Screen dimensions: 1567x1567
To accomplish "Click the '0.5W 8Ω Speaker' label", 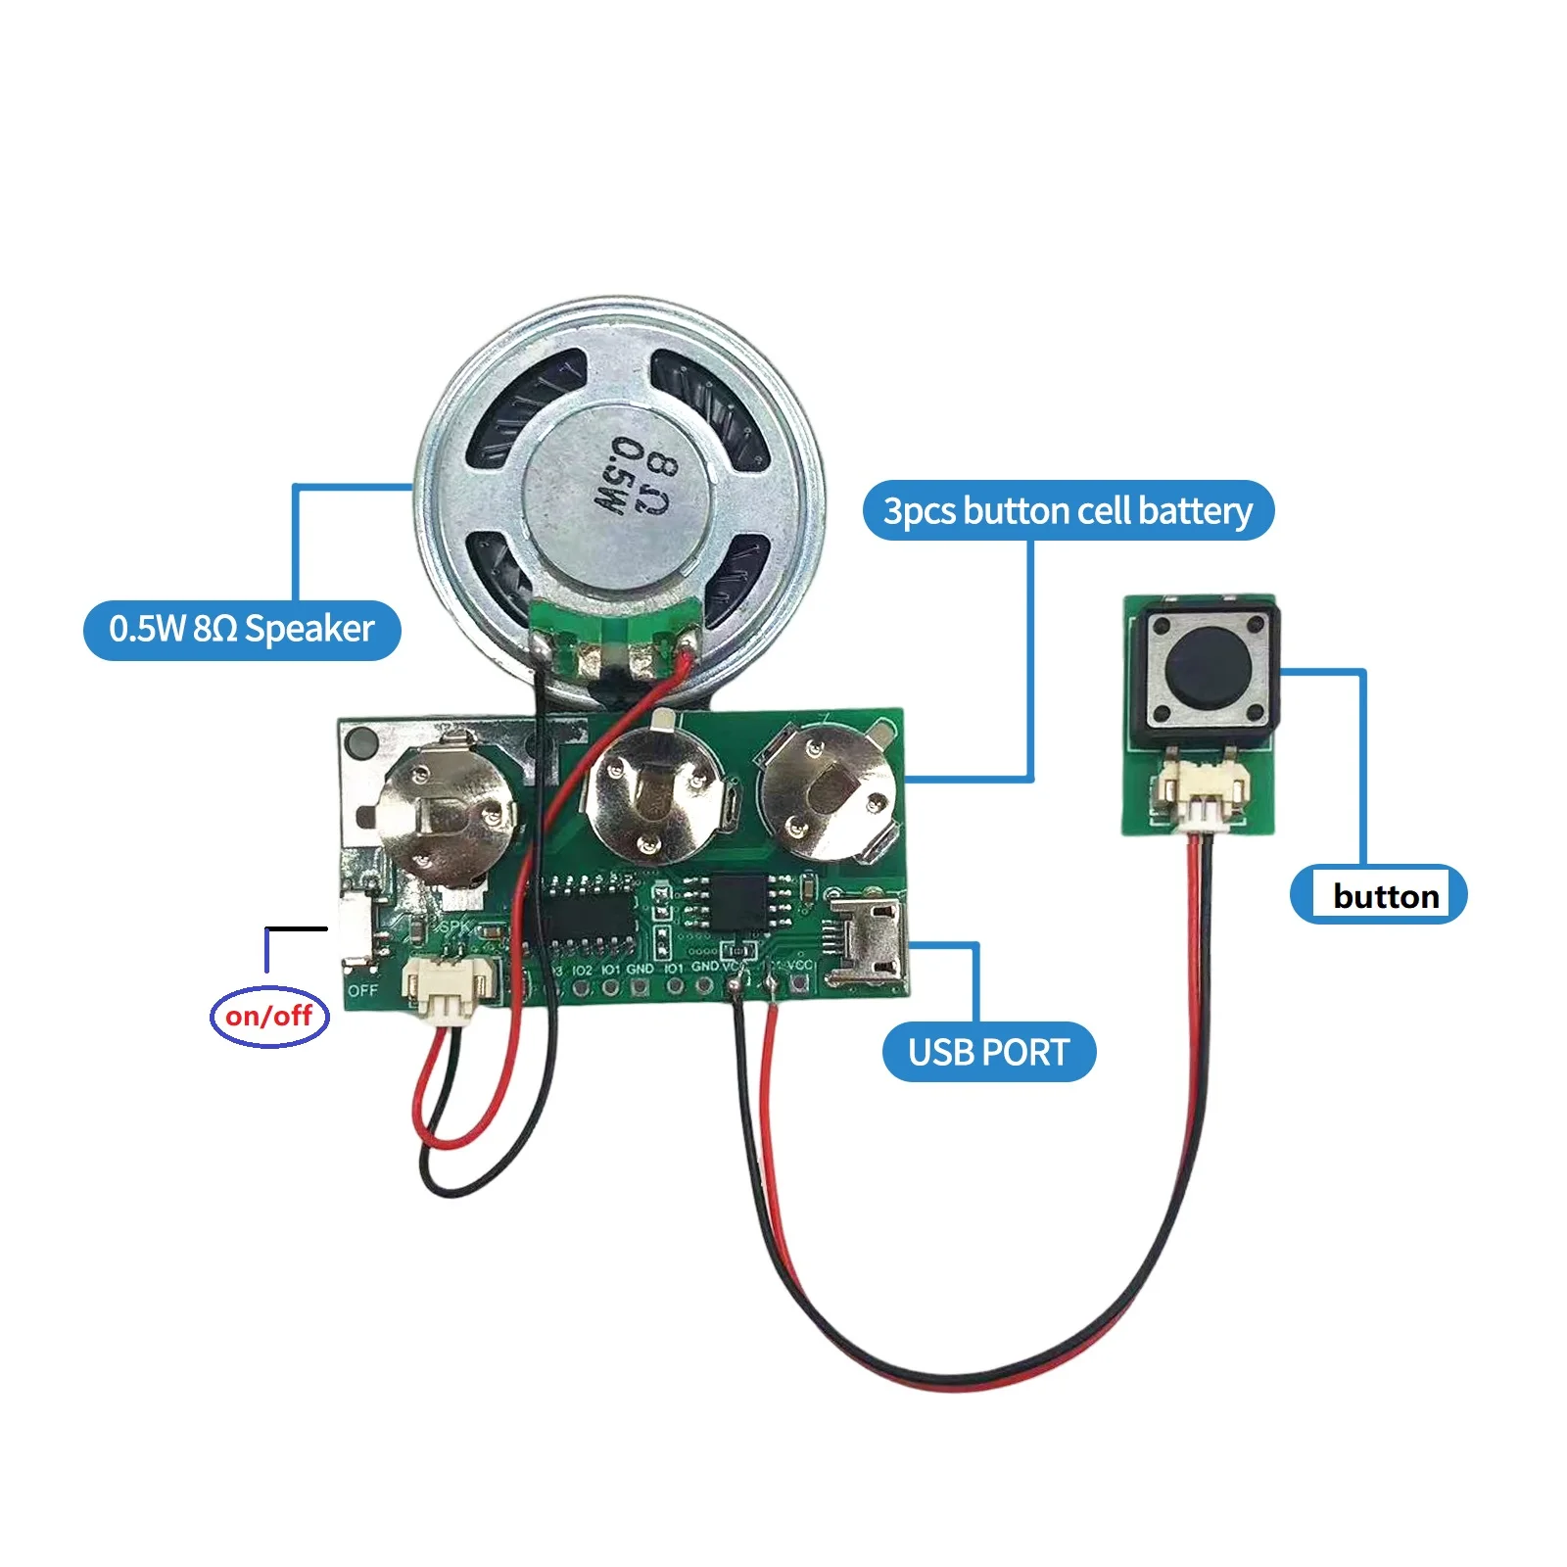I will (x=242, y=629).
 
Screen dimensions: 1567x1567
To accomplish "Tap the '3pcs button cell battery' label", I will (x=1068, y=510).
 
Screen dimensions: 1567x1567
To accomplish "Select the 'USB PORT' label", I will (x=988, y=1052).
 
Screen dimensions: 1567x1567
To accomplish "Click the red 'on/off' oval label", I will (x=269, y=1016).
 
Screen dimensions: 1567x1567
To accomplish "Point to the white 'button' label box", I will (x=1385, y=895).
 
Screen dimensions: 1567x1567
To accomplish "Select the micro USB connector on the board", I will (x=868, y=939).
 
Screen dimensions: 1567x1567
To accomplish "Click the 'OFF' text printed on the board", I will (x=362, y=990).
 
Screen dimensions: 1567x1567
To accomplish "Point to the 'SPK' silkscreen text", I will (x=455, y=926).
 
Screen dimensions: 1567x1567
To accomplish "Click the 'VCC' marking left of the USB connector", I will (x=799, y=966).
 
